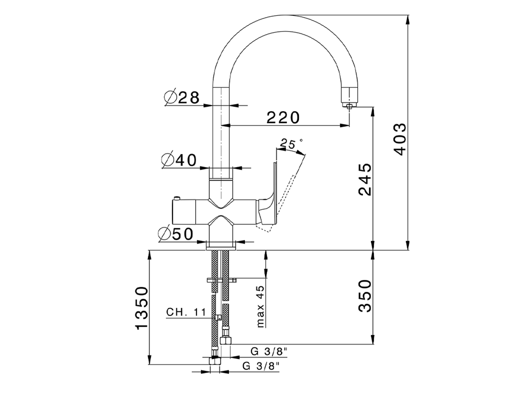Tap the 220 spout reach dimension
[283, 118]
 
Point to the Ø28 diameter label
[182, 98]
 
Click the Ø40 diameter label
[180, 160]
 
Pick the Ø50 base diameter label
[176, 234]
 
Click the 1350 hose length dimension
[141, 308]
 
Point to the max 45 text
[260, 307]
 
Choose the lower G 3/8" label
[261, 365]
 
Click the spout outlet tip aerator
[349, 105]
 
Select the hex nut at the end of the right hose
[226, 340]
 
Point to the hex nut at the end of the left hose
[214, 361]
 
